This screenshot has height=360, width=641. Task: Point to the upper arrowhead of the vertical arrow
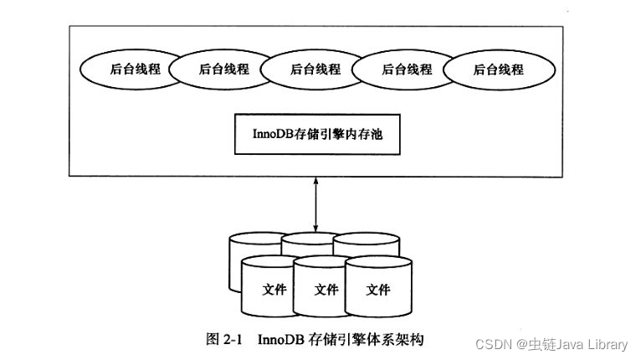tap(315, 180)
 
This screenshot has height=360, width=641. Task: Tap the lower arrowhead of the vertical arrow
tap(315, 228)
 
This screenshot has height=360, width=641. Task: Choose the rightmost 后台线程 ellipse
tap(499, 69)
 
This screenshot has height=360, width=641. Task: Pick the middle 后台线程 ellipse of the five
tap(315, 69)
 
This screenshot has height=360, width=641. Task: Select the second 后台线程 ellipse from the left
tap(223, 69)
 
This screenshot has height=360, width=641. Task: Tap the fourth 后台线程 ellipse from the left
tap(407, 69)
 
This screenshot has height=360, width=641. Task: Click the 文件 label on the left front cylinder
tap(274, 290)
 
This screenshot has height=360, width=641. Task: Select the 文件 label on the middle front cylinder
tap(326, 290)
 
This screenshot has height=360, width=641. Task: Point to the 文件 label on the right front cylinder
tap(378, 290)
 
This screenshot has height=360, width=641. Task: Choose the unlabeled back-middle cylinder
tap(310, 242)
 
